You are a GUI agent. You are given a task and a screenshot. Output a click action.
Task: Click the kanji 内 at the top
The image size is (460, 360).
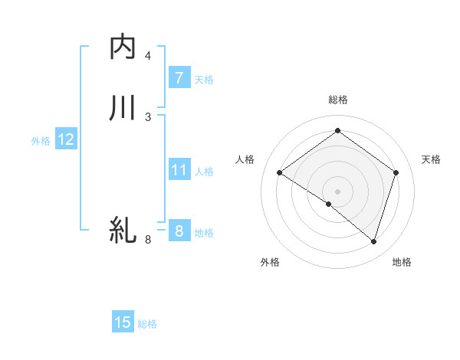pos(123,47)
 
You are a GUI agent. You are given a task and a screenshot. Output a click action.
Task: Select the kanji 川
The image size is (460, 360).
pos(123,108)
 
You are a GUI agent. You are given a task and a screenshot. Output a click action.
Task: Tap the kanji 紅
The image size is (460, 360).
pos(123,230)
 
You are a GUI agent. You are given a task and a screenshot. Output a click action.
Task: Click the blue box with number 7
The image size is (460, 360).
pos(179,77)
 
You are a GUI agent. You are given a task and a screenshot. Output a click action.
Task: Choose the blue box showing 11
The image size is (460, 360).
pos(179,171)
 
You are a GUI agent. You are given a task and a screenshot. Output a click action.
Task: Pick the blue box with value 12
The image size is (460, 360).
pos(65,139)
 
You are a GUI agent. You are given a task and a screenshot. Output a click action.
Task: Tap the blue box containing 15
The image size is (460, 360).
pos(123,322)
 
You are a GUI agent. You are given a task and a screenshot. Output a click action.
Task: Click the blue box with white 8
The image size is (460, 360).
pos(179,230)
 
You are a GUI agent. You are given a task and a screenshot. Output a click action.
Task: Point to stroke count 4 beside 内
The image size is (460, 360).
pos(148,56)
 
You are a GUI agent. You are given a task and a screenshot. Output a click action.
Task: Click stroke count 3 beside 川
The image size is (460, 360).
pos(148,116)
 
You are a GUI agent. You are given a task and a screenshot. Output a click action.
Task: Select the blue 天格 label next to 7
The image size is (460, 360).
pos(204,80)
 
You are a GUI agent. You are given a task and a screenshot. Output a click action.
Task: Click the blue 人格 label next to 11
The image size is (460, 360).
pos(204,172)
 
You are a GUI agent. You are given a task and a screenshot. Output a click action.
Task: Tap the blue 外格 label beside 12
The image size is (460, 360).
pos(41,141)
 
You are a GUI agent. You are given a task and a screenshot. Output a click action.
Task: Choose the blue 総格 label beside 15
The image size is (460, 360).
pos(147,324)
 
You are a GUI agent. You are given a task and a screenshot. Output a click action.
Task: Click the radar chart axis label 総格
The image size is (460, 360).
pos(337,100)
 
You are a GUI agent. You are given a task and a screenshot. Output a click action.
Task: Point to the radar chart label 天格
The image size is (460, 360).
pos(432,159)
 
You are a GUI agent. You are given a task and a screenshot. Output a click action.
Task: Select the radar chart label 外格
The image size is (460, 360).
pos(270,263)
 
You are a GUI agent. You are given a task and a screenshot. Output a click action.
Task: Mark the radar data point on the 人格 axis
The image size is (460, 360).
pos(280,173)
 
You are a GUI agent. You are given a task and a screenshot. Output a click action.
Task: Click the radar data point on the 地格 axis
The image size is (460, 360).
pos(373,241)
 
